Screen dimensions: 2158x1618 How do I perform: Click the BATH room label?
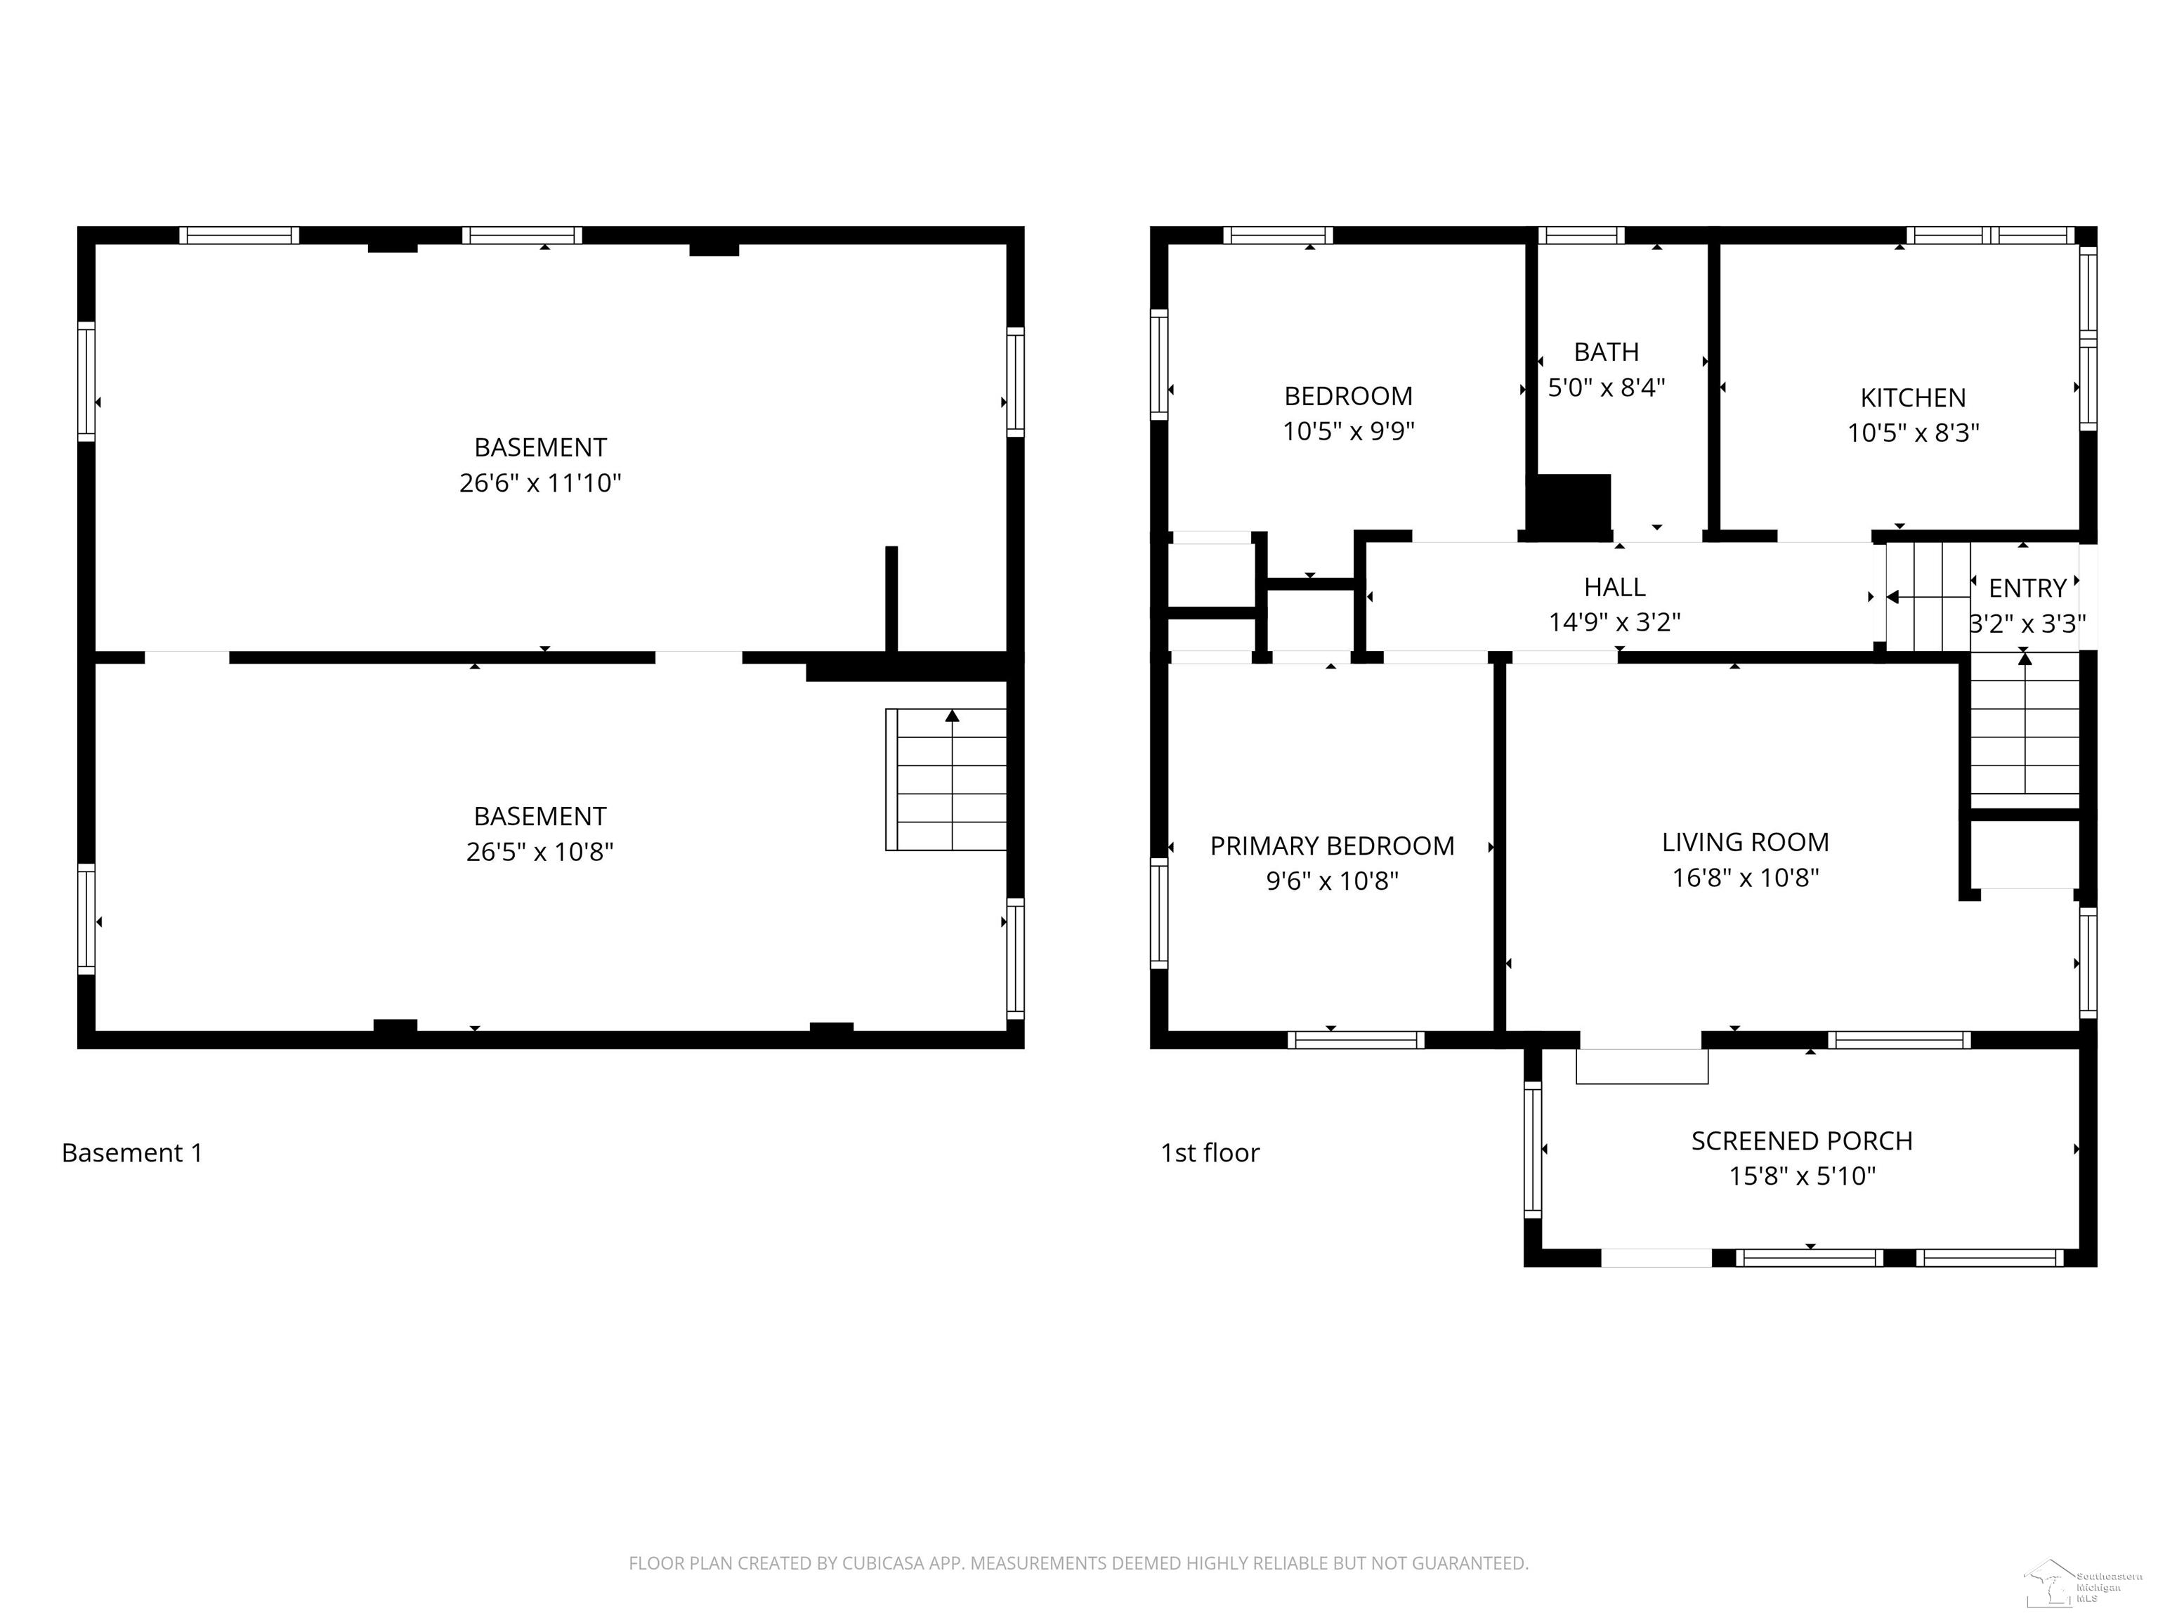click(x=1606, y=351)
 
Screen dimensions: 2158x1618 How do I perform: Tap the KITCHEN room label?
click(x=1912, y=398)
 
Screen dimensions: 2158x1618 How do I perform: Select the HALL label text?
click(x=1614, y=587)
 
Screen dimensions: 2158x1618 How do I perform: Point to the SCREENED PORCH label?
click(x=1802, y=1141)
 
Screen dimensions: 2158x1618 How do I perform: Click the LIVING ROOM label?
click(x=1746, y=843)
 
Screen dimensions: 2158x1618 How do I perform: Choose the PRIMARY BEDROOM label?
click(x=1332, y=846)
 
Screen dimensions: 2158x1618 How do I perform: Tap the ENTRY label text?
click(x=2027, y=588)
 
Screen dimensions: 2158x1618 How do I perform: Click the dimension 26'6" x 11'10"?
click(x=539, y=482)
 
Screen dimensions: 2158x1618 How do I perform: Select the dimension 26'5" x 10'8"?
click(x=539, y=851)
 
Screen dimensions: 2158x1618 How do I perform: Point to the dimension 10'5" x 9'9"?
click(x=1348, y=431)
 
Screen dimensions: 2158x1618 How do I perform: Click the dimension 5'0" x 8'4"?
click(x=1606, y=387)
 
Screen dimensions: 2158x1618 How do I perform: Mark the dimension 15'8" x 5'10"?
click(x=1802, y=1176)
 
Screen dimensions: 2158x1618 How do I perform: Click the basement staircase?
click(x=946, y=780)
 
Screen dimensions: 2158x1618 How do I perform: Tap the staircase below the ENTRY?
click(x=2025, y=727)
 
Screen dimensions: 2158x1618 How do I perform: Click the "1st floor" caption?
click(x=1210, y=1153)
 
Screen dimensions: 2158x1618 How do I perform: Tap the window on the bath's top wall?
click(x=1581, y=235)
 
